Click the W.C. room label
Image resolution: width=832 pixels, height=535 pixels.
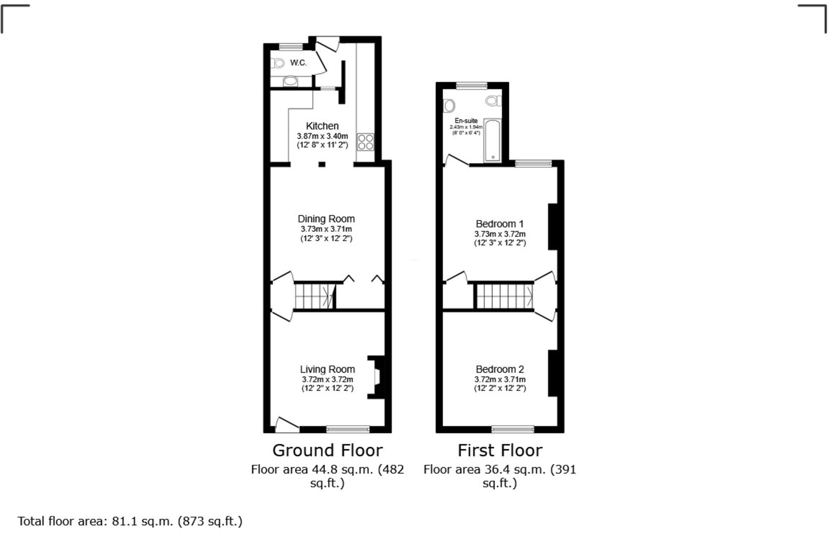298,63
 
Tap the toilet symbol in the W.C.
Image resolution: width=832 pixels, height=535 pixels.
278,63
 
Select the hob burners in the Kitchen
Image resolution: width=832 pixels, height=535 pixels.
366,142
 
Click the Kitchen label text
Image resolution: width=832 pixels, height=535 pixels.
322,126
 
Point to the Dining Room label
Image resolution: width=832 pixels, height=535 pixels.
326,219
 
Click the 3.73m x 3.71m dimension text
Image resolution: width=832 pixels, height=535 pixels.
326,229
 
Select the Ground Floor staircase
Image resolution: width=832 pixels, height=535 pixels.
315,296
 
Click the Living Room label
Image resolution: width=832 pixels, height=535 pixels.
327,370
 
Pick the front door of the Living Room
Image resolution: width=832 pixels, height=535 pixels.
286,424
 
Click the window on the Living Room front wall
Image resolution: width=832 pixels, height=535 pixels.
347,429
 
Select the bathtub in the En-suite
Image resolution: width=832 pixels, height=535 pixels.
493,140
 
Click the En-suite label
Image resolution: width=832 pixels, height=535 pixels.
466,121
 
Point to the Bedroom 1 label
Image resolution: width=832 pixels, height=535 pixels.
499,224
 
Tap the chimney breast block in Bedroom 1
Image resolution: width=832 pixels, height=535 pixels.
553,226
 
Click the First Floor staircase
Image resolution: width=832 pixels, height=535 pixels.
504,296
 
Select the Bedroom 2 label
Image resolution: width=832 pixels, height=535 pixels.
499,370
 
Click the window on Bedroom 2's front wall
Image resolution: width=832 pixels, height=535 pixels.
513,429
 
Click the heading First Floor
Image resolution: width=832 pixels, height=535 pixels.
499,450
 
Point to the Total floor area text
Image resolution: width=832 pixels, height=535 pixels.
130,521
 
